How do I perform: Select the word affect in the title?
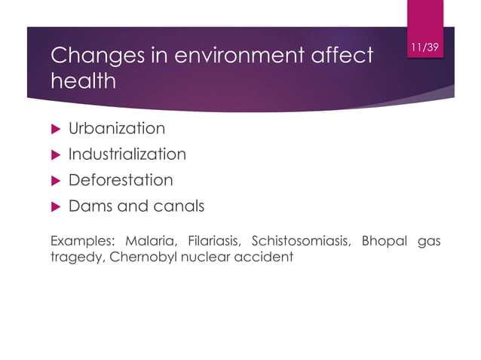pyautogui.click(x=345, y=55)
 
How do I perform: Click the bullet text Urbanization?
pyautogui.click(x=117, y=129)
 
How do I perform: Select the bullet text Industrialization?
pyautogui.click(x=127, y=154)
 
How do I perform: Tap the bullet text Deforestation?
pyautogui.click(x=121, y=181)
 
